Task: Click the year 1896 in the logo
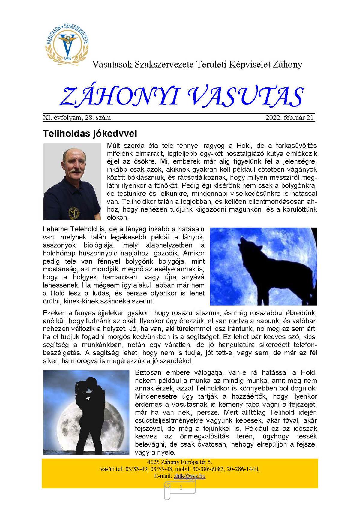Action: (x=68, y=58)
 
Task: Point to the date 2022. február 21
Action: (x=289, y=118)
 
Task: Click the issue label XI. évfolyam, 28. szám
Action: (x=77, y=118)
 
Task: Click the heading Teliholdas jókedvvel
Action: (x=90, y=133)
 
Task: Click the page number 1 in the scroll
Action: (x=181, y=488)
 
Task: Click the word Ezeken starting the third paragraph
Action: (x=54, y=313)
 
